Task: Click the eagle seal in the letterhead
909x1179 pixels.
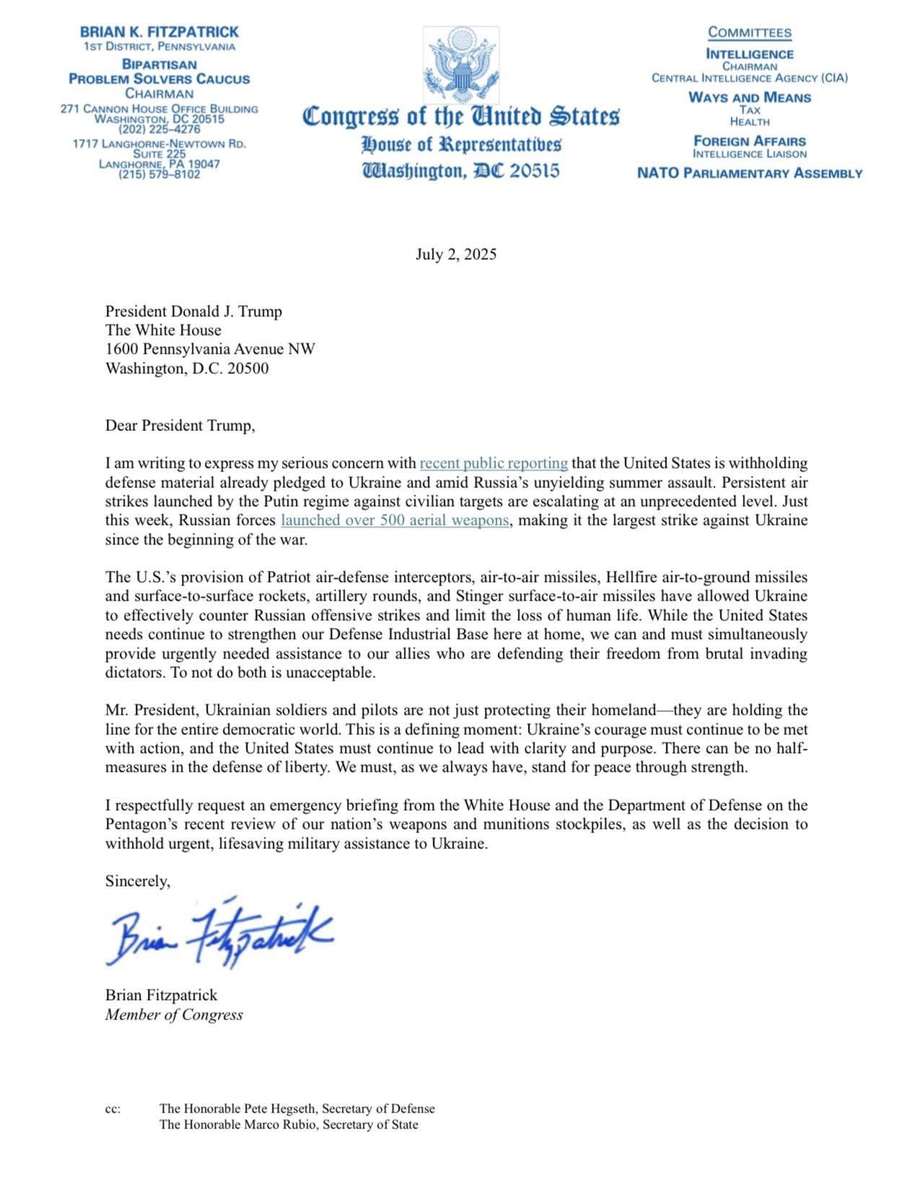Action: tap(462, 66)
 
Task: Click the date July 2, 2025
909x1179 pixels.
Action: tap(456, 254)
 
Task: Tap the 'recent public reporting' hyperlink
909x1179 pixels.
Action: tap(493, 463)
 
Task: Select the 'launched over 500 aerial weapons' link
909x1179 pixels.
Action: tap(395, 520)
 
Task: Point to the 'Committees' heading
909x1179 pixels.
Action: tap(750, 32)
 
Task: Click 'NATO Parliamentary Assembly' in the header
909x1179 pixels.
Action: tap(750, 173)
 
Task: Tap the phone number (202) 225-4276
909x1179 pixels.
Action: tap(159, 129)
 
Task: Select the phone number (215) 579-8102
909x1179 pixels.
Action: tap(159, 174)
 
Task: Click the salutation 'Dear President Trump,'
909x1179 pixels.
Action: tap(180, 425)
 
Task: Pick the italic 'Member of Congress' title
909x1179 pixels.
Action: tap(174, 1014)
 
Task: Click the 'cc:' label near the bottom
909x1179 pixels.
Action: tap(113, 1108)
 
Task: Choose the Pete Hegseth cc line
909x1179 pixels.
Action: tap(297, 1108)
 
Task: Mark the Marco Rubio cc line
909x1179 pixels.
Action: tap(289, 1124)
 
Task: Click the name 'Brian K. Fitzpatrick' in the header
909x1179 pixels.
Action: tap(159, 32)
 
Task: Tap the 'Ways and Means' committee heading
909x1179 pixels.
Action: tap(750, 97)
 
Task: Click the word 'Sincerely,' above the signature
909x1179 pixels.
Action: tap(138, 881)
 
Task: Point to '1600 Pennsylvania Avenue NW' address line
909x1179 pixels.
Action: tap(210, 349)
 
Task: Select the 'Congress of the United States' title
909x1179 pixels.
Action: tap(461, 116)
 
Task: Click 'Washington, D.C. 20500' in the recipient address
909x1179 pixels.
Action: tap(187, 368)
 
